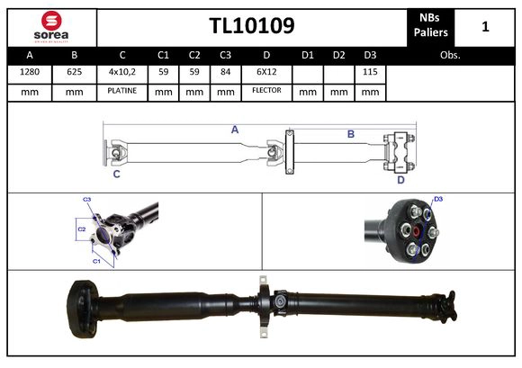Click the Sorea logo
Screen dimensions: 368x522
tap(49, 26)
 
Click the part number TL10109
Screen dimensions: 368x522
tap(251, 25)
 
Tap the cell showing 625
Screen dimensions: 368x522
tap(74, 72)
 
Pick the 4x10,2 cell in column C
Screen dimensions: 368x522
tap(121, 72)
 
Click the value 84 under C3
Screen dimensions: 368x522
tap(227, 72)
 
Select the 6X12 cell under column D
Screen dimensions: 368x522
tap(266, 72)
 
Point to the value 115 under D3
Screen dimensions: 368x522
tap(368, 72)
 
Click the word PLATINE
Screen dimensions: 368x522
tap(121, 90)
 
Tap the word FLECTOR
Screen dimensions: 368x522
tap(266, 90)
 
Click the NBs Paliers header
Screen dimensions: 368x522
tap(431, 26)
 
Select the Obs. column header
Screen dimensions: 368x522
tap(449, 55)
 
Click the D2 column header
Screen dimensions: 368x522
tap(338, 55)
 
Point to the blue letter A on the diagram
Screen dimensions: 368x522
tap(235, 130)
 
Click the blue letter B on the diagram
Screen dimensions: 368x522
tap(351, 134)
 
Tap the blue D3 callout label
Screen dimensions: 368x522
tap(438, 199)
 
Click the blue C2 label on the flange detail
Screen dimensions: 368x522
tap(81, 229)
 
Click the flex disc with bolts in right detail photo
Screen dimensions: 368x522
tap(413, 232)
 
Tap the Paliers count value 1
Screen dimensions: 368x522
tap(485, 26)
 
